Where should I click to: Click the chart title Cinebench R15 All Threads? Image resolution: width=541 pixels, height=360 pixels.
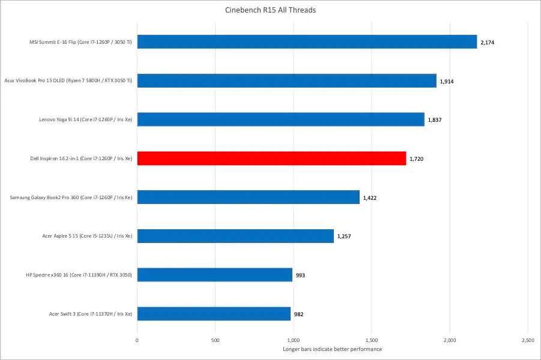coord(270,10)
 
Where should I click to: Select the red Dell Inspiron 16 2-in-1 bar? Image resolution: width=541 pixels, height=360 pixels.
coord(271,158)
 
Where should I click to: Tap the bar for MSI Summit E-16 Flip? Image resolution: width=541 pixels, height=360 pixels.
coord(307,41)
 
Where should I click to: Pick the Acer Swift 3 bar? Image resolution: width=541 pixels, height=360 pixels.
coord(214,314)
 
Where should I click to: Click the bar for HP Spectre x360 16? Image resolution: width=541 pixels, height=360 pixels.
coord(215,275)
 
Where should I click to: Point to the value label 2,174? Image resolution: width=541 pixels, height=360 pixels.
coord(488,42)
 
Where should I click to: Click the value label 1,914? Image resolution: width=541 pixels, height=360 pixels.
coord(447,81)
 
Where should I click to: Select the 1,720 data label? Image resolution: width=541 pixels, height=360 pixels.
coord(416,159)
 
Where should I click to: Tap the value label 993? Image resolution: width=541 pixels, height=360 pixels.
coord(301,275)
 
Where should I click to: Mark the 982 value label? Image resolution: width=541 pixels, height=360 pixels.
coord(299,314)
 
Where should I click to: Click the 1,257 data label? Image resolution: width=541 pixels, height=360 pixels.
coord(344,236)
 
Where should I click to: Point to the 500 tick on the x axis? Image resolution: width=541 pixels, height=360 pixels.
coord(215,340)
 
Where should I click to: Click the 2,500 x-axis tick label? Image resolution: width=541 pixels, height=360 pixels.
coord(528,340)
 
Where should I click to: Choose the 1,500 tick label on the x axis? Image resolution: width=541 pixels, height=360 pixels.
coord(372,340)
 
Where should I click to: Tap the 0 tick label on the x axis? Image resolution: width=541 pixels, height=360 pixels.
coord(138,340)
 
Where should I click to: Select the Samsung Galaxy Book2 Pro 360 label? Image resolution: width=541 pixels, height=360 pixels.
coord(72,197)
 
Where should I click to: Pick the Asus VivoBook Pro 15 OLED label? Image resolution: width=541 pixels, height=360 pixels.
coord(68,81)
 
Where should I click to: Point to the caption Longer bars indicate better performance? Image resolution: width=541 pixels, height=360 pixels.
coord(332,349)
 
